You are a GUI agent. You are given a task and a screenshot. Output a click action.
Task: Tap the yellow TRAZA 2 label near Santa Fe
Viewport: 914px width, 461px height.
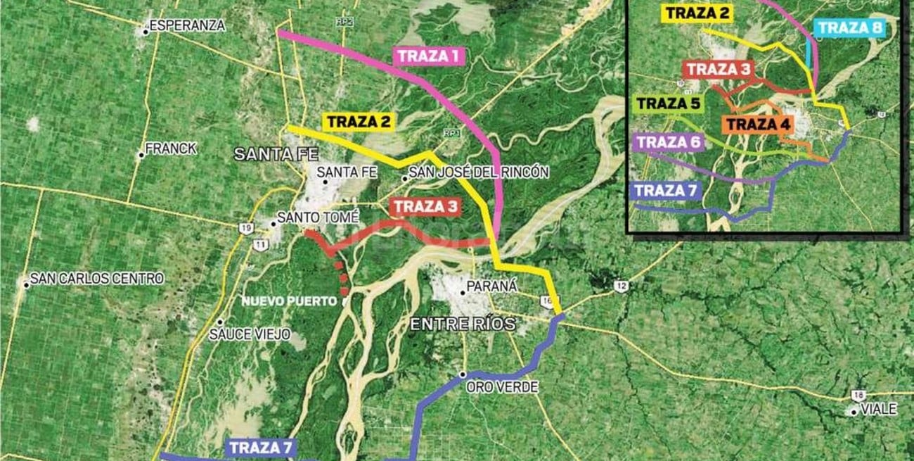[358, 121]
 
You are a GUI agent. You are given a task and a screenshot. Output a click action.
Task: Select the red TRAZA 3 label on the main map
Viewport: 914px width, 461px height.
[426, 207]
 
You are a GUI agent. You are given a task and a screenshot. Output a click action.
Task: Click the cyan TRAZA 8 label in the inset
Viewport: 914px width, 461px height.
[849, 28]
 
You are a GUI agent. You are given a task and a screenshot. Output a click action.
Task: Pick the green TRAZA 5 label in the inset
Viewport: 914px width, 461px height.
[668, 105]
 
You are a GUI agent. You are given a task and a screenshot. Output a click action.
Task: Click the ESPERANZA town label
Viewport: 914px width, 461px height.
[187, 26]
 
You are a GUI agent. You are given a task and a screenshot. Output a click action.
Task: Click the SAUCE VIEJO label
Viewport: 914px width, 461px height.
[250, 335]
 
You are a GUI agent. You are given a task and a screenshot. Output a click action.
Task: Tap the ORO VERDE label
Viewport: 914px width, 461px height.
[501, 387]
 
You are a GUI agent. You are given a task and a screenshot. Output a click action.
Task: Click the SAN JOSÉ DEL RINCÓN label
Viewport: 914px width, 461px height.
[479, 173]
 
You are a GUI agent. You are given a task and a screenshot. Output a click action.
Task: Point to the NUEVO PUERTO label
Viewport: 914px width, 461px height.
[289, 301]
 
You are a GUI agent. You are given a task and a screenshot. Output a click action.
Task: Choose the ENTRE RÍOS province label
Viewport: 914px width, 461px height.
[463, 324]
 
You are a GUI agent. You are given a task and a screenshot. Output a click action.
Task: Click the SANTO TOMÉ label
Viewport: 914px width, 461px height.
[318, 218]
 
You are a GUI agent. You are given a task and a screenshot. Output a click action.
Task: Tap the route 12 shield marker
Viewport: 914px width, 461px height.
[619, 286]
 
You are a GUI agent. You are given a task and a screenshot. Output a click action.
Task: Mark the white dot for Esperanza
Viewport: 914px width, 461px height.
[146, 30]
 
